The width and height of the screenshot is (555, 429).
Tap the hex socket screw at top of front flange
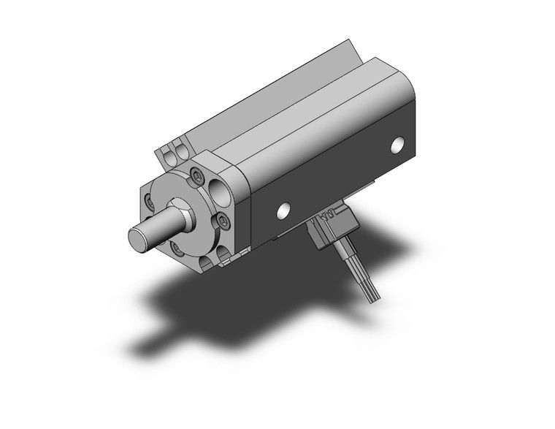[x=197, y=175]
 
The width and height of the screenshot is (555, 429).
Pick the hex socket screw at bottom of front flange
[x=177, y=248]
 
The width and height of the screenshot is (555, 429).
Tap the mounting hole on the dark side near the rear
[x=397, y=145]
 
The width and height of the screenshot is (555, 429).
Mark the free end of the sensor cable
[x=374, y=296]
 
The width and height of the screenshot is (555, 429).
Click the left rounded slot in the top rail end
[x=167, y=156]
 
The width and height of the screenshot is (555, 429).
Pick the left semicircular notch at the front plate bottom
[x=204, y=260]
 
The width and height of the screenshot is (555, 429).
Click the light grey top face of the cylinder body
[x=314, y=110]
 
